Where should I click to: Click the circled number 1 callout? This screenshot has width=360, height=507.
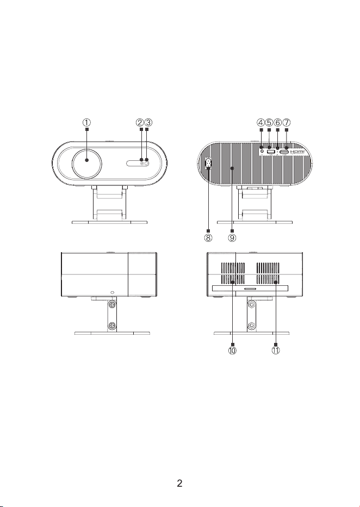pyautogui.click(x=86, y=123)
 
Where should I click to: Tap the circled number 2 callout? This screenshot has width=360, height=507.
pyautogui.click(x=140, y=123)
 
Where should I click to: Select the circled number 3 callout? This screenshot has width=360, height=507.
pyautogui.click(x=148, y=123)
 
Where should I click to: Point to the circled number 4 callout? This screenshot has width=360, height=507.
pyautogui.click(x=261, y=123)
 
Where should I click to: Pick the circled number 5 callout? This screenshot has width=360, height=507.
pyautogui.click(x=269, y=123)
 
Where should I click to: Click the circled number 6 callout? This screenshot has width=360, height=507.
pyautogui.click(x=277, y=123)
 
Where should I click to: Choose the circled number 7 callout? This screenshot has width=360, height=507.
pyautogui.click(x=286, y=123)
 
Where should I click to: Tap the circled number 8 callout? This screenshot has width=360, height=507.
pyautogui.click(x=208, y=238)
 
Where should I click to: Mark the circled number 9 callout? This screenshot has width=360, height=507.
pyautogui.click(x=232, y=238)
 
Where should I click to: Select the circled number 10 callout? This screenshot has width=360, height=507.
pyautogui.click(x=232, y=350)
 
